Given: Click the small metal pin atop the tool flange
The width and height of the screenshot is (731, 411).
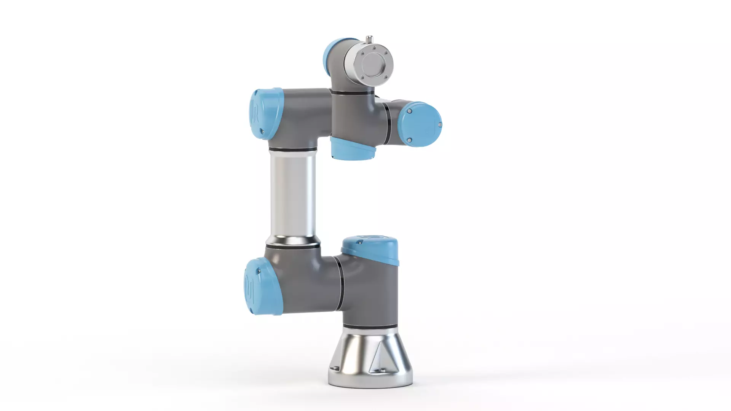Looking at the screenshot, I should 369,39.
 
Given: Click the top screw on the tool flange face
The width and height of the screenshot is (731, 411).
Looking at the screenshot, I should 374,48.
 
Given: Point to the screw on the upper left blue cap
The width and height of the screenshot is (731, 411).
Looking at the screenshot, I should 262,131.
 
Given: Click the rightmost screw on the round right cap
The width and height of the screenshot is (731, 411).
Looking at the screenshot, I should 440,124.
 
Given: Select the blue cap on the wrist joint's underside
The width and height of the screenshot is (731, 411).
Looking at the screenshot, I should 352,149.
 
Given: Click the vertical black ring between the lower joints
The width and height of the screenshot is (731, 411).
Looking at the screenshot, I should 340,282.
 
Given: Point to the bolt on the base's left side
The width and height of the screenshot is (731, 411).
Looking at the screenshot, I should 335,368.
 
